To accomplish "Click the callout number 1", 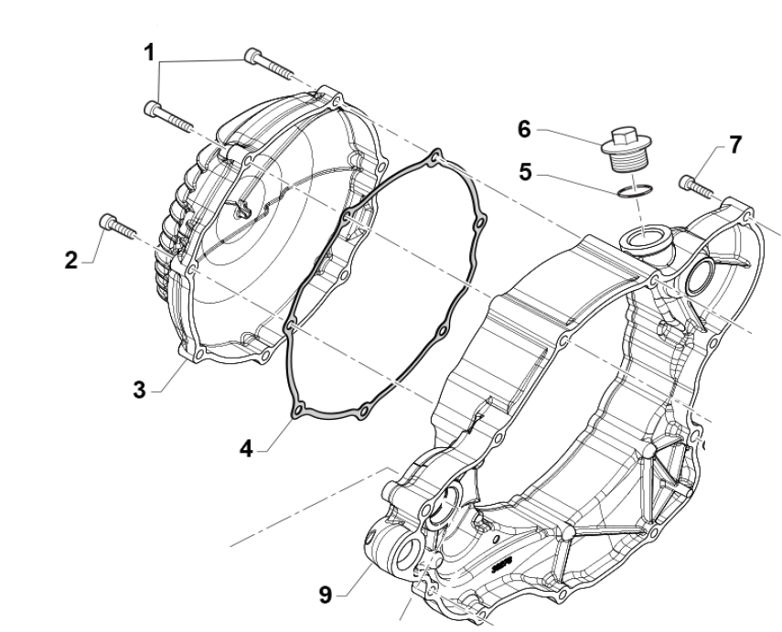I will pyautogui.click(x=147, y=53).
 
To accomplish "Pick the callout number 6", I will pyautogui.click(x=524, y=129).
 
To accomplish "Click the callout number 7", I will pyautogui.click(x=735, y=145).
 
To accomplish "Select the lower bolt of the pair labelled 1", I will pyautogui.click(x=169, y=114).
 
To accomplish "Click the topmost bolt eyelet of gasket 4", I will pyautogui.click(x=436, y=157).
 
